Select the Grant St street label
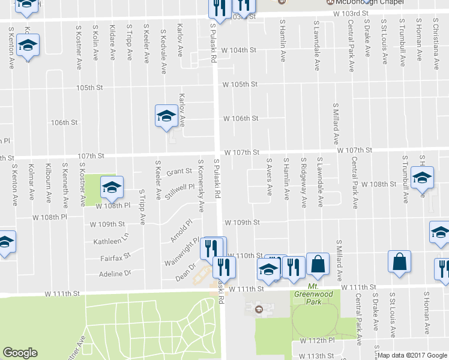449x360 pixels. [x=178, y=172]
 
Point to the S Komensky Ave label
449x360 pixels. [x=202, y=185]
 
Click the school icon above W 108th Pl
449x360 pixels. [x=111, y=188]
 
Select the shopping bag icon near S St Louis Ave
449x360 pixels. [x=399, y=262]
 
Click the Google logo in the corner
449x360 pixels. [x=20, y=353]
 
